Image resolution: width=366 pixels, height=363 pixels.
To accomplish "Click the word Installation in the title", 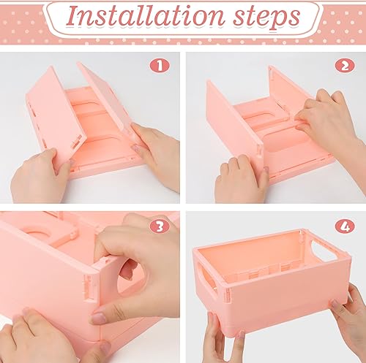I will pyautogui.click(x=135, y=17).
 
